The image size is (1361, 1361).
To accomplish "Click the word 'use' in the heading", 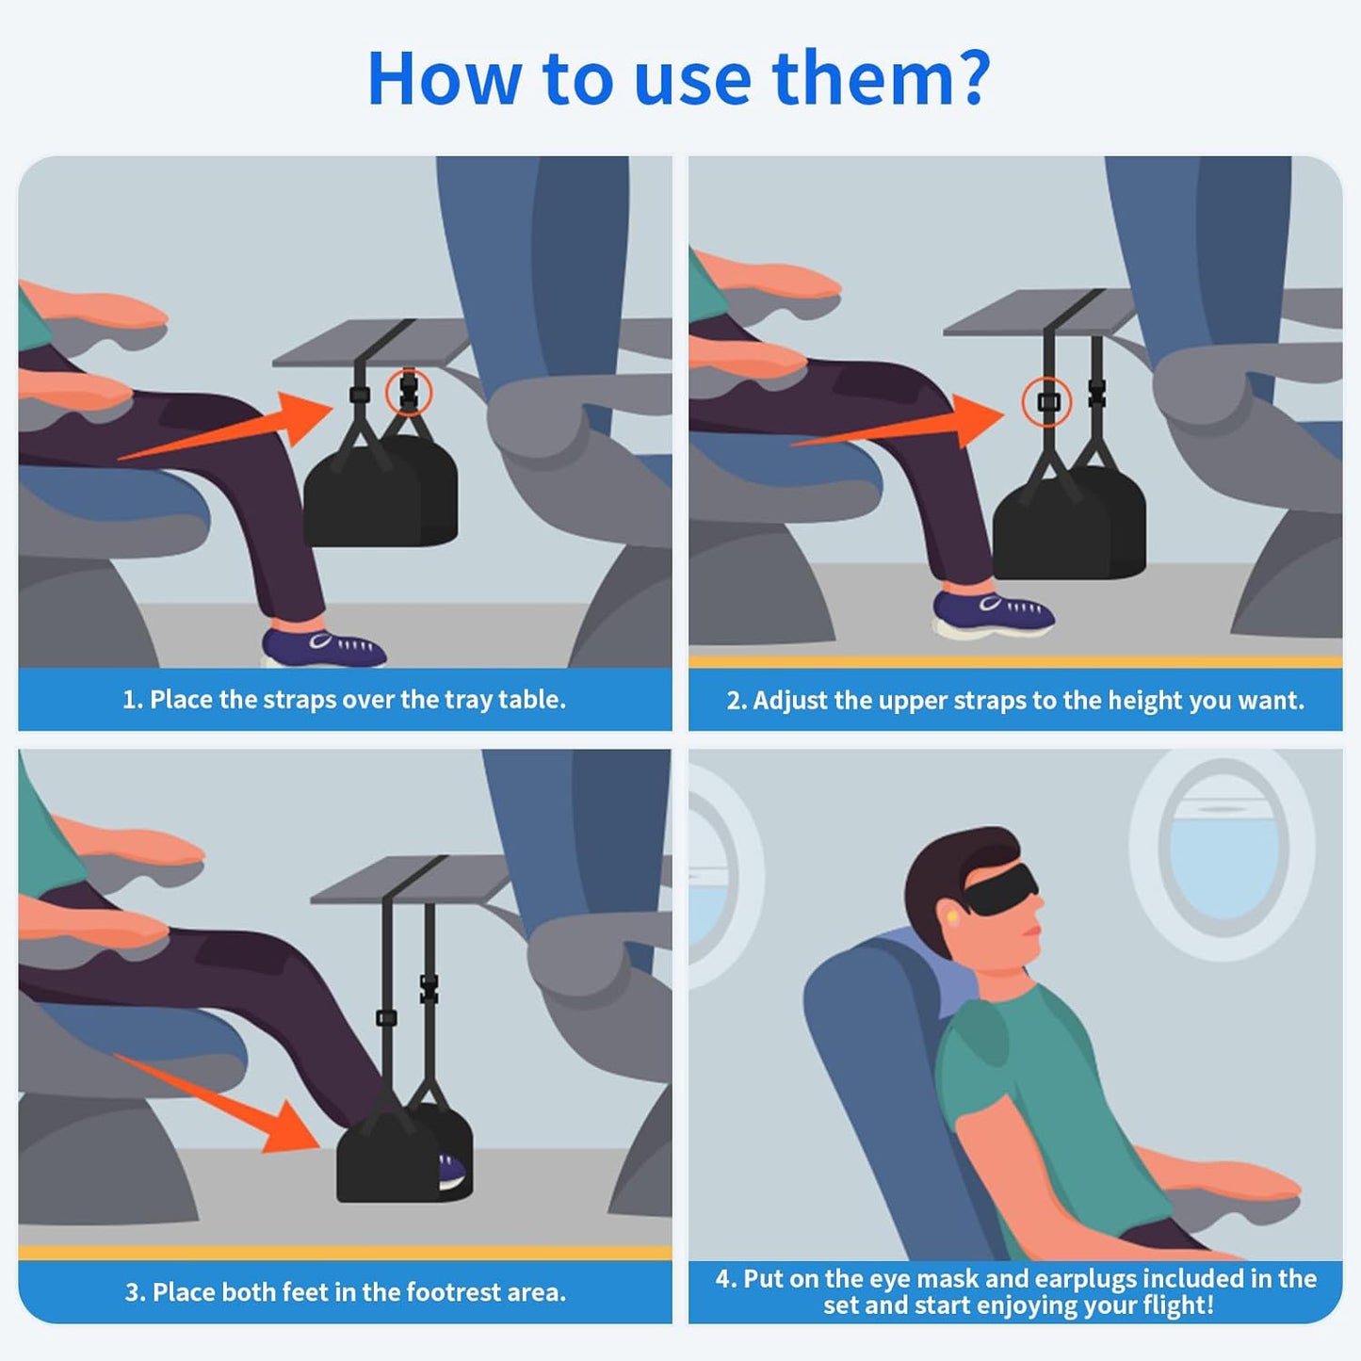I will (692, 79).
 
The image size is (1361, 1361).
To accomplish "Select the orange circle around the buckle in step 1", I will (409, 392).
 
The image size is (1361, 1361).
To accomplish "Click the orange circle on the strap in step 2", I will (1047, 402).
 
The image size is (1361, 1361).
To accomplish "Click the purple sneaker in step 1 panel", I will (320, 646).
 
